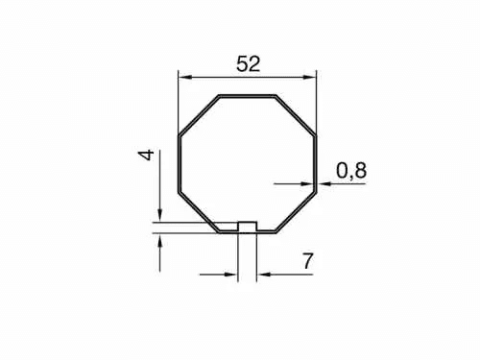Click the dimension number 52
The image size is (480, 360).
click(249, 63)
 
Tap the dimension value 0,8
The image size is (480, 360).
click(351, 170)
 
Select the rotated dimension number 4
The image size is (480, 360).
click(147, 156)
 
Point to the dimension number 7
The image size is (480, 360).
click(307, 261)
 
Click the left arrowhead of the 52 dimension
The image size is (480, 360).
click(184, 77)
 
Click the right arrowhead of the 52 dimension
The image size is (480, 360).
click(309, 77)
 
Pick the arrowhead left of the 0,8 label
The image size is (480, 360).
click(324, 184)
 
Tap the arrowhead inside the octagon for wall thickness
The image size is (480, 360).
click(307, 184)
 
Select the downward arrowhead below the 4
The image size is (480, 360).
click(160, 214)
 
